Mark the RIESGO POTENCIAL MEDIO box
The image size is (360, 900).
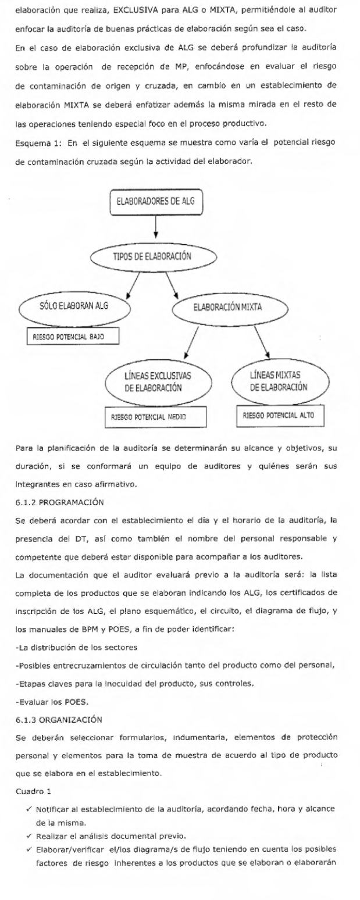point(151,416)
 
